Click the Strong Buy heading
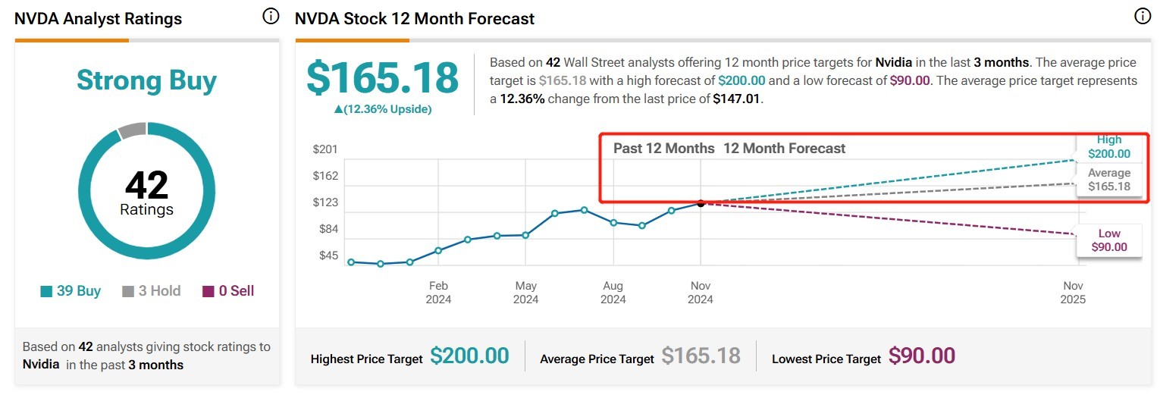pos(146,80)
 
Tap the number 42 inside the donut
pos(146,185)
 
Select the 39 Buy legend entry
pos(71,291)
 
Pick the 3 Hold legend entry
pos(152,291)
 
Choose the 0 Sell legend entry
pos(228,291)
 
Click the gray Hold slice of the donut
pos(132,130)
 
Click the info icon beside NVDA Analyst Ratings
pos(271,17)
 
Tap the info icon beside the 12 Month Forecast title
pos(1143,16)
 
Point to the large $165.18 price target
pos(382,78)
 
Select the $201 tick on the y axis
pos(325,149)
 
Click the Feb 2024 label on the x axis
pos(438,293)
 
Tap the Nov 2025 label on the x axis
pos(1073,293)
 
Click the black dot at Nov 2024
pos(701,203)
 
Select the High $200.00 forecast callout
pos(1108,147)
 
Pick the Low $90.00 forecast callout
pos(1108,240)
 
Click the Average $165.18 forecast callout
pos(1108,180)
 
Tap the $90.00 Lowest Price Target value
pos(921,356)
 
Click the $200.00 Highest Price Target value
pos(469,356)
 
